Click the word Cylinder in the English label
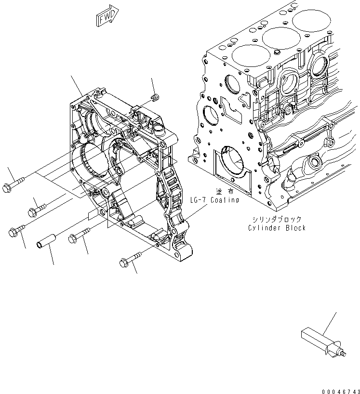264,228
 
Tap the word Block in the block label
294,228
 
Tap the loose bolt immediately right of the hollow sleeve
79,235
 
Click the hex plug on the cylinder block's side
329,142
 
